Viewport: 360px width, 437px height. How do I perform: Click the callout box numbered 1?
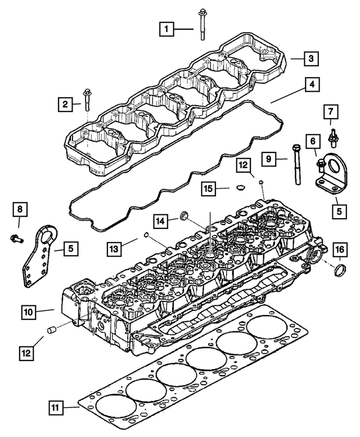pyautogui.click(x=166, y=26)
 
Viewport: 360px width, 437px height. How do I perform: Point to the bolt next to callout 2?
pyautogui.click(x=86, y=101)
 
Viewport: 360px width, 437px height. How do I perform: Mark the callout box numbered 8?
pyautogui.click(x=20, y=210)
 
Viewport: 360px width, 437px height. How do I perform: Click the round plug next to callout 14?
pyautogui.click(x=183, y=215)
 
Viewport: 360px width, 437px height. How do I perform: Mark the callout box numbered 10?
pyautogui.click(x=29, y=310)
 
